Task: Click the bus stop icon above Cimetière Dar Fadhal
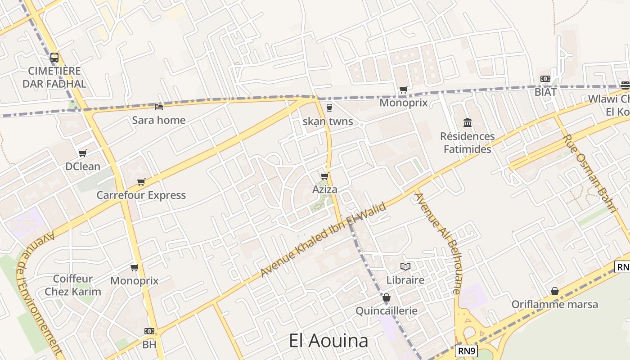coord(54,58)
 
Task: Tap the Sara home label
coord(158,120)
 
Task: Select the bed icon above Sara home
coord(158,107)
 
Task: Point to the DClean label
coord(83,166)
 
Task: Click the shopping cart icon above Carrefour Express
coord(141,182)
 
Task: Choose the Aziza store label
coord(325,189)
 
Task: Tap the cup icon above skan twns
coord(329,108)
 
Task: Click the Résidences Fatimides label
coord(468,142)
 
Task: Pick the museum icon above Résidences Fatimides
coord(468,122)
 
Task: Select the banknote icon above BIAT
coord(545,79)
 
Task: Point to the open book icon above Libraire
coord(405,266)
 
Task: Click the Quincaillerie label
coord(387,311)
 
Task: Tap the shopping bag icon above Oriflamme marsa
coord(555,291)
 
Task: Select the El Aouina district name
coord(328,341)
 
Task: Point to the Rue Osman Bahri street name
coord(589,173)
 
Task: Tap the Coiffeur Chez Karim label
coord(73,285)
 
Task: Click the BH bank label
coord(149,345)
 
